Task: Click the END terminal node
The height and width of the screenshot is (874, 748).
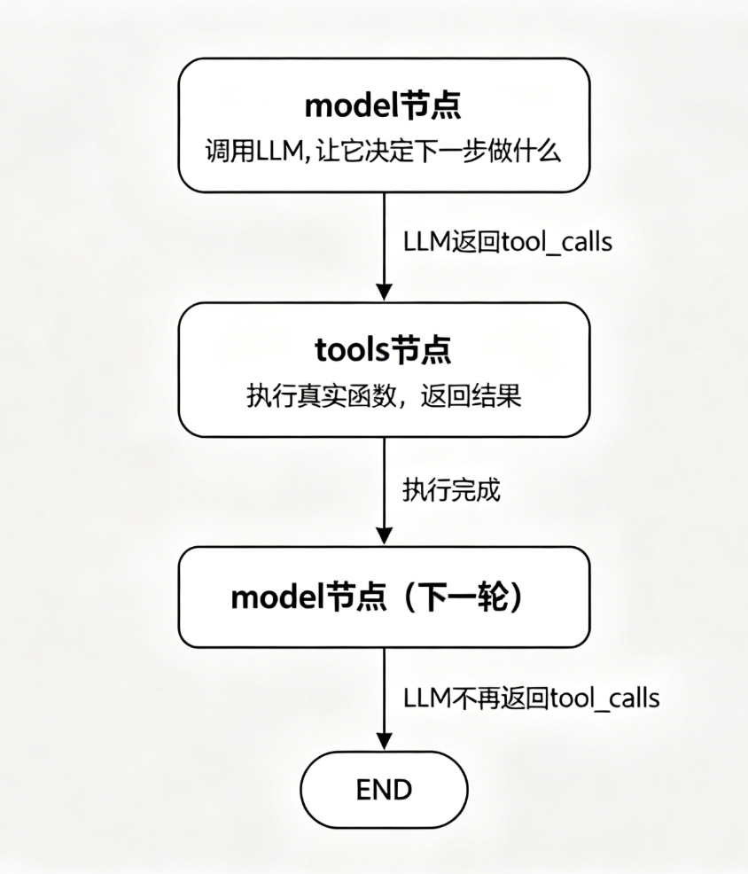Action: (384, 790)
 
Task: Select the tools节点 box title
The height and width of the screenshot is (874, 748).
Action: (384, 350)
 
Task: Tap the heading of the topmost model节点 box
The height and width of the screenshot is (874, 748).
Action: (384, 106)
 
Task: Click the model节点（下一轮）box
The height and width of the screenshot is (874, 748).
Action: (384, 597)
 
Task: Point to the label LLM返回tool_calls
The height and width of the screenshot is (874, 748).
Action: (508, 242)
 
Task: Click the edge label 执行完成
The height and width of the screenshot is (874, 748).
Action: (451, 490)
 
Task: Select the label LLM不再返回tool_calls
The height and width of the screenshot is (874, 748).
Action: (531, 698)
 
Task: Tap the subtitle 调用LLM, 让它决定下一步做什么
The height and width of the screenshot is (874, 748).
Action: (384, 151)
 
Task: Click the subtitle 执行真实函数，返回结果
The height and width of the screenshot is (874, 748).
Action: (384, 395)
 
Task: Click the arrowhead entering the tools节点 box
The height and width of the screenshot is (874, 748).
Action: (384, 293)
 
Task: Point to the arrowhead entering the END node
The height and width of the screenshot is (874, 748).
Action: (384, 741)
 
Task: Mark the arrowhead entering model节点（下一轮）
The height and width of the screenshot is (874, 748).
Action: (384, 537)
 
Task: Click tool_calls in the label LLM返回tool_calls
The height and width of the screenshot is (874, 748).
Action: (556, 242)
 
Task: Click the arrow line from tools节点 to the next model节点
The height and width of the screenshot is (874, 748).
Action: (384, 488)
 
